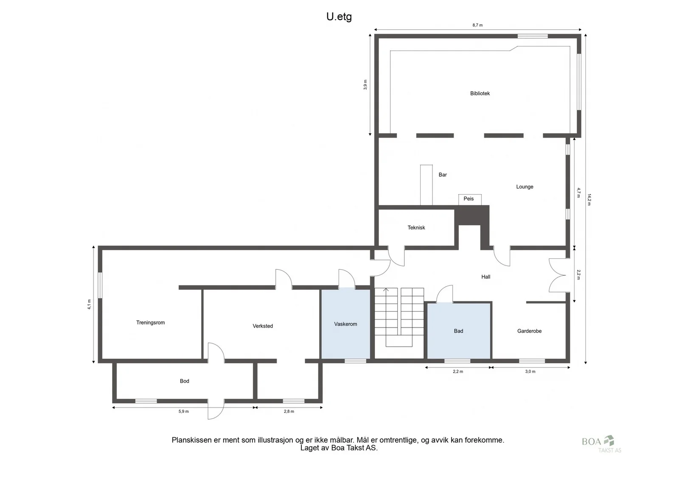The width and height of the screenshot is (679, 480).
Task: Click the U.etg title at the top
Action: point(339,17)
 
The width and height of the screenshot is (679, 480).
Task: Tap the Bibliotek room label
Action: point(480,93)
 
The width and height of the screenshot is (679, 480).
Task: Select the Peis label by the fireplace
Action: point(469,199)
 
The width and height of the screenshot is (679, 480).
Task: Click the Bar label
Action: point(443,175)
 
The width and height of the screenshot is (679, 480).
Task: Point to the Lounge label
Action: point(525,187)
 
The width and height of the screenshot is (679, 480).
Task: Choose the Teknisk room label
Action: point(416,228)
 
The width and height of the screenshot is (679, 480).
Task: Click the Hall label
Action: point(485,277)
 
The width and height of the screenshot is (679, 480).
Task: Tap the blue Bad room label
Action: point(458,331)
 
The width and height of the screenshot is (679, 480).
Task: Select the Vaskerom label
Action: point(345,324)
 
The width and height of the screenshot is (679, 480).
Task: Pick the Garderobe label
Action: point(529,331)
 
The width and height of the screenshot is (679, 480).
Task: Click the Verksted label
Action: point(263,326)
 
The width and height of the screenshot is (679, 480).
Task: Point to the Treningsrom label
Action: point(150,322)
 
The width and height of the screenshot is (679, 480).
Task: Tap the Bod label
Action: point(184,381)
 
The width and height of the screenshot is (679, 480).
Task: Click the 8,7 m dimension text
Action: point(477,25)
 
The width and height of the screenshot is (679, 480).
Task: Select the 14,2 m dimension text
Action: point(589,200)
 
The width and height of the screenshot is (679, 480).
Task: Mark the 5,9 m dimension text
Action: point(183,412)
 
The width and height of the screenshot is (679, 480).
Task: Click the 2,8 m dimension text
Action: point(289,412)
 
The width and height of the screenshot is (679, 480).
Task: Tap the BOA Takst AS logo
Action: point(601,444)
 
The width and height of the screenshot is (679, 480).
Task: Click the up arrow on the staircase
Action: point(386,291)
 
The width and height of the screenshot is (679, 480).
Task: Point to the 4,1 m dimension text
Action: point(90,304)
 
